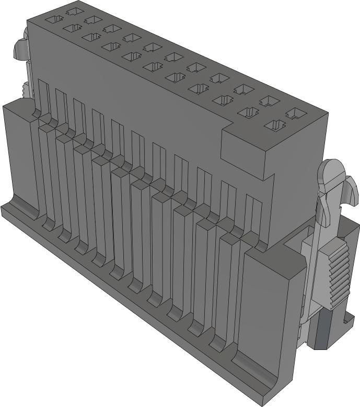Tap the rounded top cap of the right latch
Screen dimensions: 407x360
point(332,169)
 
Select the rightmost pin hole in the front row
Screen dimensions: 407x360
point(276,125)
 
